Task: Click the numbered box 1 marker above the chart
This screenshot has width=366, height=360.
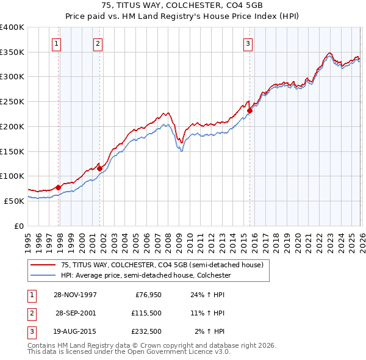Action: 56,43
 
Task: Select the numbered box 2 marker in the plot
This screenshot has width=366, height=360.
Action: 98,43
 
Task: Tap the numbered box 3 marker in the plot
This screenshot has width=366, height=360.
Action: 248,43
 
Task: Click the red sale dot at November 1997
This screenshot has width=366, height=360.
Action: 59,187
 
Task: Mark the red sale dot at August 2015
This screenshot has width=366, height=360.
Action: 249,110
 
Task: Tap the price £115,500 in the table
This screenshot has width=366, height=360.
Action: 145,313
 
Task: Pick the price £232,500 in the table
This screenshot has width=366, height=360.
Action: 145,331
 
